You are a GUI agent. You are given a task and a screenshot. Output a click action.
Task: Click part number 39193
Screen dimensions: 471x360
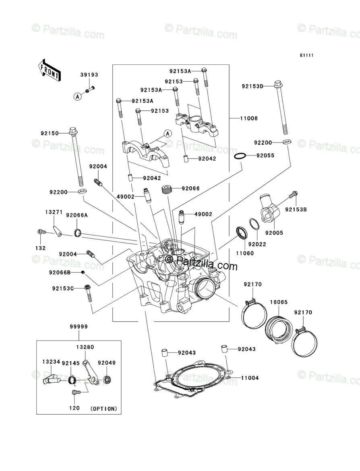click(x=89, y=75)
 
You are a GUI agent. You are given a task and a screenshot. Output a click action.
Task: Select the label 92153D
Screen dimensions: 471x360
click(x=252, y=86)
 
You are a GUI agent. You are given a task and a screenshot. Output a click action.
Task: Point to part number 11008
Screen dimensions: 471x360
click(x=250, y=118)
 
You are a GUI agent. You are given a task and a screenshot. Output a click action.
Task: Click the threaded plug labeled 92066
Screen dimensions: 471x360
click(x=166, y=188)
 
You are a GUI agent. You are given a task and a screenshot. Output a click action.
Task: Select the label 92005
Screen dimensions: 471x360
click(x=274, y=233)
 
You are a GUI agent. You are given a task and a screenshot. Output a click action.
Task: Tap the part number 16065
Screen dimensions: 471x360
click(x=278, y=301)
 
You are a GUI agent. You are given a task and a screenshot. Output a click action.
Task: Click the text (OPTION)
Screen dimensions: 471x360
click(x=104, y=408)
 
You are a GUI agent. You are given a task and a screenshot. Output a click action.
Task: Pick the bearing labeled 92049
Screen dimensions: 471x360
click(x=108, y=379)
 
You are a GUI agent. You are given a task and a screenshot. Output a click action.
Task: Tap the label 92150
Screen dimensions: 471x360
click(x=50, y=133)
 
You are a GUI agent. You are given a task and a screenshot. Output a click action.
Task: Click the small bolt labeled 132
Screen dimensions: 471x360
click(x=40, y=232)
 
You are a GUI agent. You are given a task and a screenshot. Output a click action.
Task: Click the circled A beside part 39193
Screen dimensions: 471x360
click(x=77, y=96)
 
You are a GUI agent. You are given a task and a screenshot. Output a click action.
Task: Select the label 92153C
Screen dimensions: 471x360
click(x=62, y=288)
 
